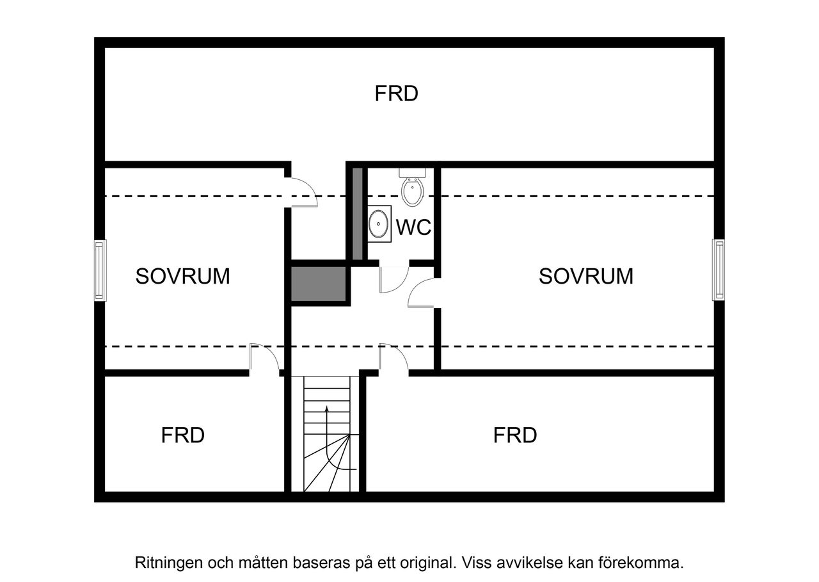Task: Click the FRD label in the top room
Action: (x=396, y=94)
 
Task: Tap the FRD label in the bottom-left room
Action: (x=182, y=435)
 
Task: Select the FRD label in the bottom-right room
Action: (x=515, y=435)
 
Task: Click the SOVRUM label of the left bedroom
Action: (x=182, y=276)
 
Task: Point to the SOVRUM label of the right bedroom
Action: (x=585, y=276)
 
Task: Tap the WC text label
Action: (x=413, y=227)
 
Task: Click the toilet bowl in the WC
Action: (x=413, y=190)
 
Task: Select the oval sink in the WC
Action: (x=379, y=223)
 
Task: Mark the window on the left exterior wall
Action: (x=99, y=270)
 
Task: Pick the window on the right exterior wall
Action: (x=719, y=270)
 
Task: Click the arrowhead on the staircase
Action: (x=327, y=408)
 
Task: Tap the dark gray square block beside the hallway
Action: (x=319, y=284)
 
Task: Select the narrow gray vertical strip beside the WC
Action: (x=358, y=213)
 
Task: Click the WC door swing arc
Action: (x=394, y=280)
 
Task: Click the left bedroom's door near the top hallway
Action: (x=304, y=192)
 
